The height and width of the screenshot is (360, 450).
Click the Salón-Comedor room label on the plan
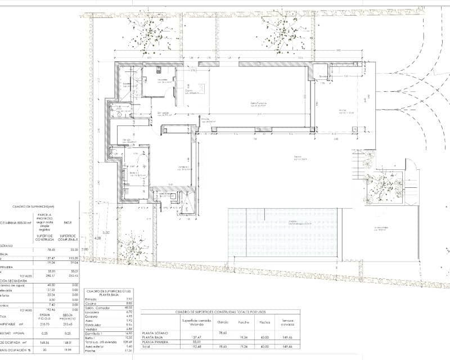(259, 104)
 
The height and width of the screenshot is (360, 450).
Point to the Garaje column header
(223, 322)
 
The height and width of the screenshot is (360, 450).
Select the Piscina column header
(264, 322)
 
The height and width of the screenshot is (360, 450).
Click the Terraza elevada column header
(287, 322)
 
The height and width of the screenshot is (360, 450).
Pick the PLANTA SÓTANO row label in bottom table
(156, 332)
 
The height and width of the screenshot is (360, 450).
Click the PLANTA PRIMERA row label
(157, 342)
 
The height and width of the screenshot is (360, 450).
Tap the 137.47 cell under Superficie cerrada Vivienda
(188, 337)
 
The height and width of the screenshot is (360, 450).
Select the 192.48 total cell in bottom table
(188, 347)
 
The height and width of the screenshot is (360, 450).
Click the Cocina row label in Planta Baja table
(91, 303)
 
